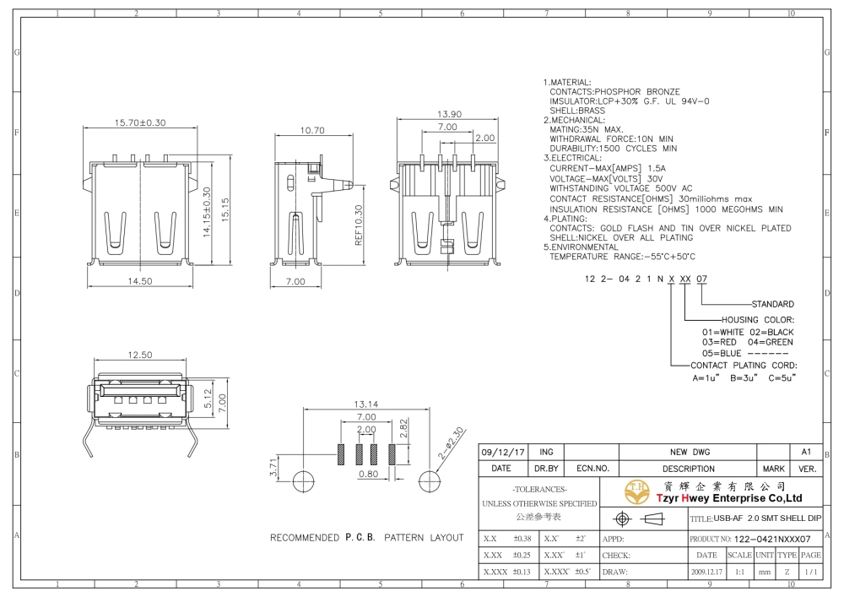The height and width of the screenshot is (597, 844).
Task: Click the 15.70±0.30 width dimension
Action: click(x=140, y=122)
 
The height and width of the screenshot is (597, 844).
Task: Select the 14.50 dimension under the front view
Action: click(x=140, y=281)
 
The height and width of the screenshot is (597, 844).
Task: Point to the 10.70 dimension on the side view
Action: click(x=312, y=130)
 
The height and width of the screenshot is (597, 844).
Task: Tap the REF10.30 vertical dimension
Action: click(x=359, y=225)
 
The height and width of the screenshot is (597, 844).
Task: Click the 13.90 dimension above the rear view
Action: click(x=449, y=114)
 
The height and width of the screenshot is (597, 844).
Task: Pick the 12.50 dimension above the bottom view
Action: click(x=140, y=355)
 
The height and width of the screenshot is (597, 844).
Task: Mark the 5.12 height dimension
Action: click(x=208, y=399)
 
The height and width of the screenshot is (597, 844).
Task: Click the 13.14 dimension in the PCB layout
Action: click(x=366, y=404)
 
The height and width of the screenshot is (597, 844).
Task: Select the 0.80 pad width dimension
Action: click(x=368, y=475)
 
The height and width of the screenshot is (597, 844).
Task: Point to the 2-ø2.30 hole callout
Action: click(x=451, y=443)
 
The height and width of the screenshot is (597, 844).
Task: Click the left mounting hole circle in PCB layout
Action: click(x=303, y=480)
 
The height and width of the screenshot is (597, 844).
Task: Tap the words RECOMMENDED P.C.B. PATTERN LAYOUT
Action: click(x=366, y=538)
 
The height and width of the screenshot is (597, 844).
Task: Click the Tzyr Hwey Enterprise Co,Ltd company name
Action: click(x=729, y=498)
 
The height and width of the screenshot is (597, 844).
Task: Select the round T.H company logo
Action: click(x=636, y=492)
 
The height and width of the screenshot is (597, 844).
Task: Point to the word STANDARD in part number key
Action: click(x=772, y=304)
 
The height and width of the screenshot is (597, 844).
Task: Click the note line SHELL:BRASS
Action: click(x=577, y=111)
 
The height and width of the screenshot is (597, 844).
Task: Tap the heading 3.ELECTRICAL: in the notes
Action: click(x=572, y=158)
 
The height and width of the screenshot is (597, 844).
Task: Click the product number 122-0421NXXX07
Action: click(x=772, y=539)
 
